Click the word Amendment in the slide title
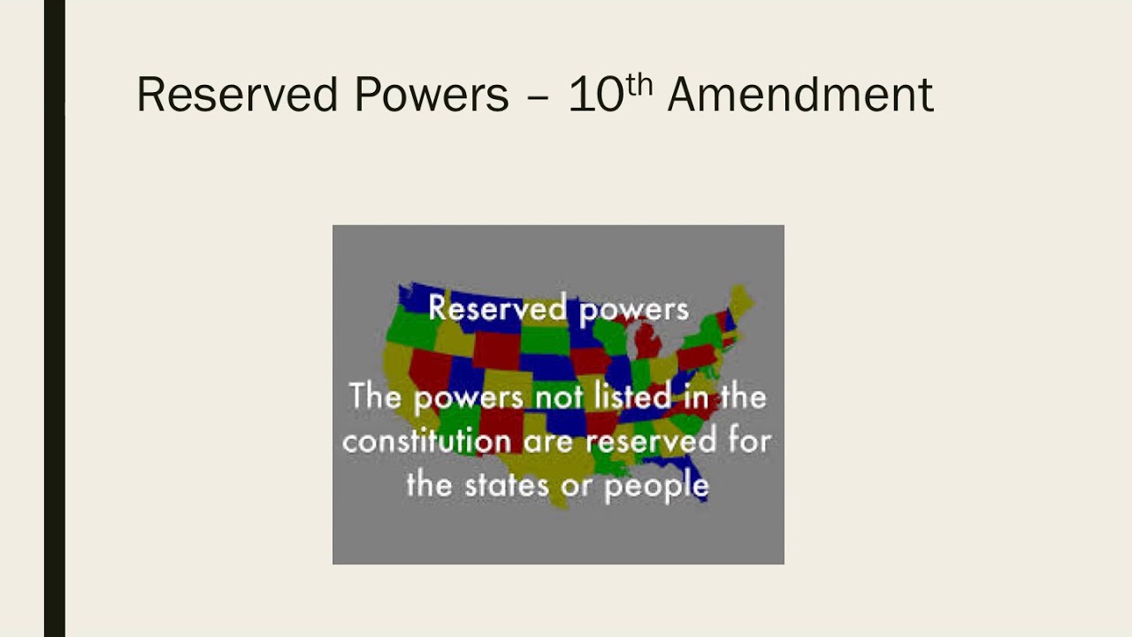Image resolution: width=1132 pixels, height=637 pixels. (800, 95)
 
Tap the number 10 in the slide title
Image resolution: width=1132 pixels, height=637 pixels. (596, 95)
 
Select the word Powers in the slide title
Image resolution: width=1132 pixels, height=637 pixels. (432, 95)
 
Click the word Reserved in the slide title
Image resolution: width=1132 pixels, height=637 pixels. (237, 95)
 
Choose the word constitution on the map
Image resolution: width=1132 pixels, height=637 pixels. (426, 441)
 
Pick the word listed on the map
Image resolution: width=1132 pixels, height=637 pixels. (628, 395)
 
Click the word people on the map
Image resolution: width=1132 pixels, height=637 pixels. (656, 486)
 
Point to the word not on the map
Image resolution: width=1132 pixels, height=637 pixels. (559, 397)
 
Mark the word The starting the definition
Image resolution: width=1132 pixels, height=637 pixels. (375, 395)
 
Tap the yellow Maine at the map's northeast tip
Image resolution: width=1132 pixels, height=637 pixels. (742, 301)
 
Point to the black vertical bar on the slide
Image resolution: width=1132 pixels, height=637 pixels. (54, 318)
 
